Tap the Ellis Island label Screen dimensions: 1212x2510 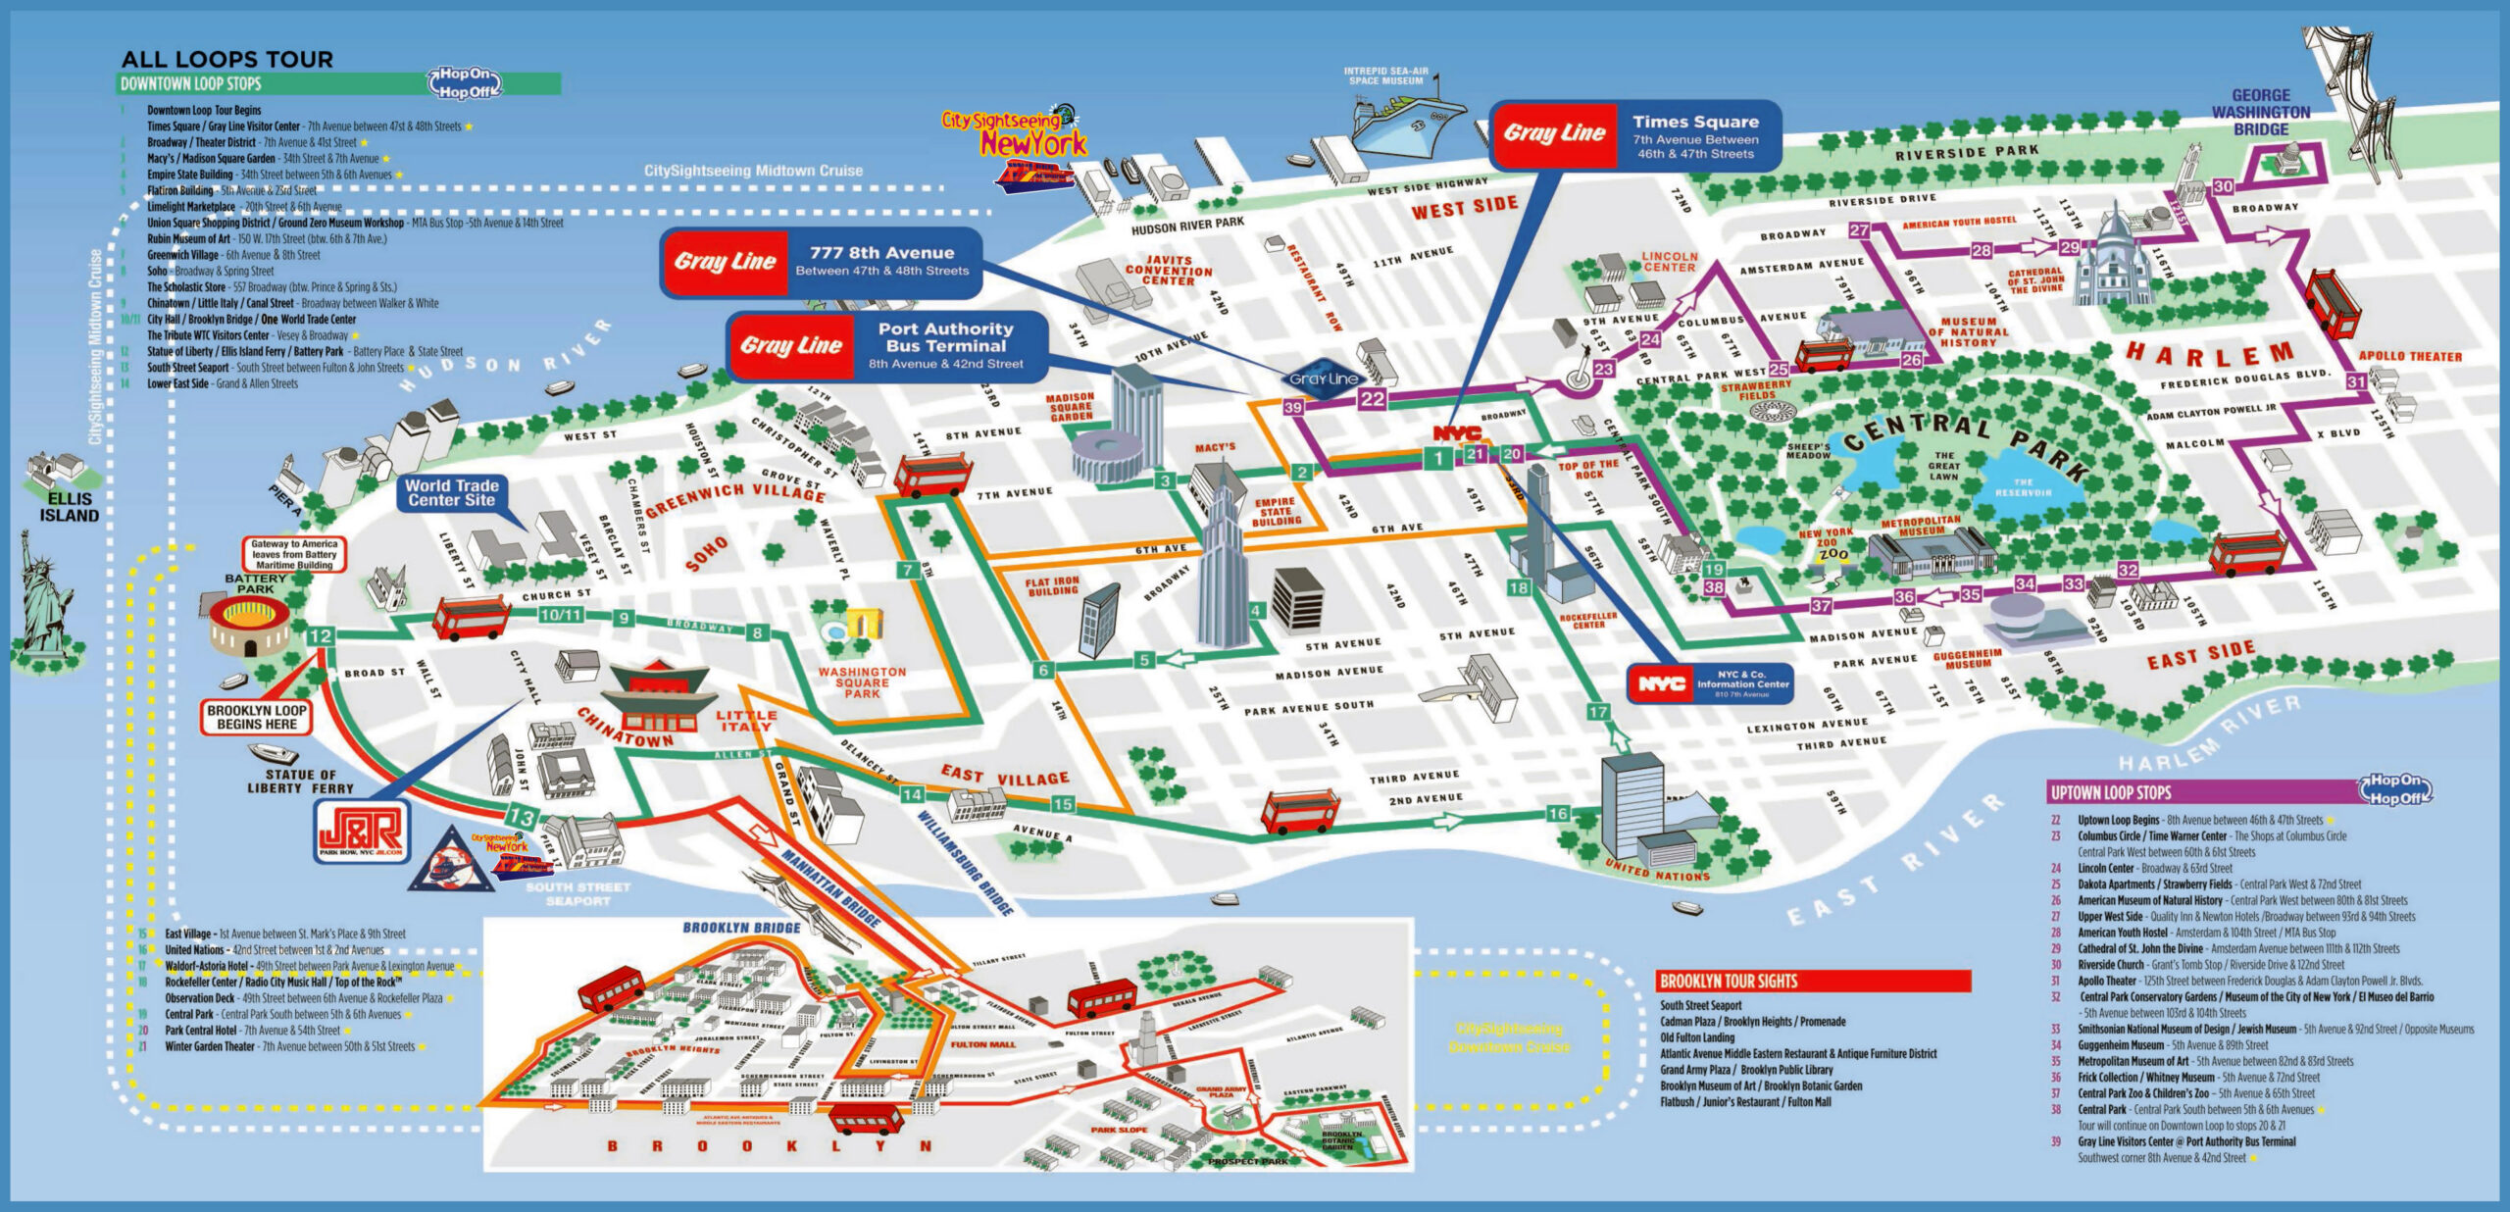pos(69,507)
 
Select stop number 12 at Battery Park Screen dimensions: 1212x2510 pos(320,635)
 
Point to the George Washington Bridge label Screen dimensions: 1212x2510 pos(2260,112)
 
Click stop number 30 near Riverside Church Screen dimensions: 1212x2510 pos(2224,186)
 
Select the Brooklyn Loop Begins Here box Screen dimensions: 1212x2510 pos(257,717)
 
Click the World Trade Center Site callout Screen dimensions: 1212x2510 pos(452,492)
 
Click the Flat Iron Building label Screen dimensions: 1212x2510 pos(1052,586)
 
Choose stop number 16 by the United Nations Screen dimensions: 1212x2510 pos(1558,813)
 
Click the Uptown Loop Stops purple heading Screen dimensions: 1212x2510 pos(2206,792)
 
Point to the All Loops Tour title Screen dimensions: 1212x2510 pos(227,59)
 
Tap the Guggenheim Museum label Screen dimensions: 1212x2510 pos(1967,659)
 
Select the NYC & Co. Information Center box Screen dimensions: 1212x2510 pos(1710,683)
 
